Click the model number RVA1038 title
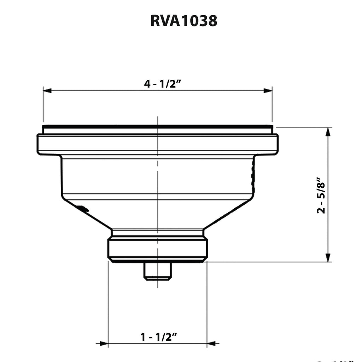[183, 21]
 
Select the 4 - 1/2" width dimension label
[162, 84]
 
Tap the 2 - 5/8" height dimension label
[321, 195]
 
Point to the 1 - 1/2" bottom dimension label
[158, 337]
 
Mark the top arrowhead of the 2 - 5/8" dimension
[328, 132]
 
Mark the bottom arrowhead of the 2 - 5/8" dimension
[328, 258]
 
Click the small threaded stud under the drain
[158, 271]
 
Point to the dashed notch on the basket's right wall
[252, 175]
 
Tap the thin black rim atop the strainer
[158, 127]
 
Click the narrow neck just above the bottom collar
[158, 233]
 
